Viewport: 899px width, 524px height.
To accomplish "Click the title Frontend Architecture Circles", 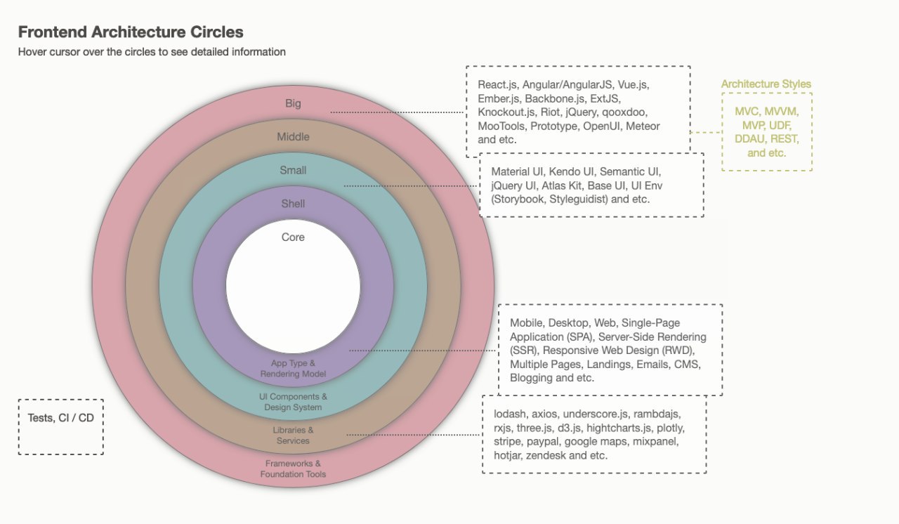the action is click(131, 32).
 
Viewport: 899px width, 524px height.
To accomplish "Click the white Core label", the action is click(293, 237).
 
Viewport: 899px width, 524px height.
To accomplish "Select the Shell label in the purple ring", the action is click(293, 204).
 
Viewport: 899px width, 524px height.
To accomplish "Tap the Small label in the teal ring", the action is click(293, 170).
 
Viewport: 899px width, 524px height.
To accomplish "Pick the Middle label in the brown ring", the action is click(293, 137).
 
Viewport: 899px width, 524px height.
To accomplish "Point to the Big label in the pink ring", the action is click(293, 103).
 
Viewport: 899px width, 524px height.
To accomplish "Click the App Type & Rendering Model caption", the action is click(293, 368).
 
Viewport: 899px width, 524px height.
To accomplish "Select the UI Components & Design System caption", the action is click(293, 402).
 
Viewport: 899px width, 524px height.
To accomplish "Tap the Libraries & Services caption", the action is click(293, 435).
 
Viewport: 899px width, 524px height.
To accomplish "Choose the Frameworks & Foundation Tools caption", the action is click(293, 469).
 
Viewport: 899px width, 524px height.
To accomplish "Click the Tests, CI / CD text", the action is click(60, 418).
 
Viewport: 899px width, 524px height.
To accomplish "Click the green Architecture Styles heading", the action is click(766, 84).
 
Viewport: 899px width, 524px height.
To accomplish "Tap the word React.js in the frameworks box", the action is click(497, 85).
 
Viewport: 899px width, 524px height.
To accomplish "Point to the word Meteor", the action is click(643, 126).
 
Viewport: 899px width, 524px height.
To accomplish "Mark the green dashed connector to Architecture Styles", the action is click(706, 132).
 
